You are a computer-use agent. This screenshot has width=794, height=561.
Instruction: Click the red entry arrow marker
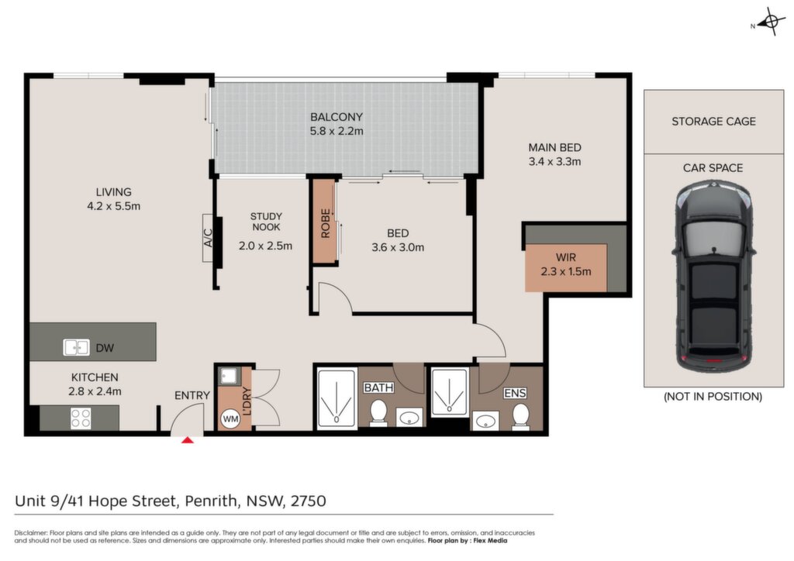(x=188, y=440)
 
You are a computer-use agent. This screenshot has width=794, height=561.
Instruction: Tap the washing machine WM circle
(x=230, y=419)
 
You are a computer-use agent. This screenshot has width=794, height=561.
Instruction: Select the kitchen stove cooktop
(x=81, y=418)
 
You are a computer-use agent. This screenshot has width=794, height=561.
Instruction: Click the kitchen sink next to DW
(x=76, y=348)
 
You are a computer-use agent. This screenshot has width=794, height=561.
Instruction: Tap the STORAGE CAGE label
(x=713, y=122)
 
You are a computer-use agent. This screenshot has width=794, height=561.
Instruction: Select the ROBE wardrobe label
(x=325, y=223)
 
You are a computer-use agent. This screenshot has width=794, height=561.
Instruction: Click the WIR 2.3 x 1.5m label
(x=565, y=264)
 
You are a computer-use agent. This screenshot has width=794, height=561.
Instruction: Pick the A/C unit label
(x=208, y=238)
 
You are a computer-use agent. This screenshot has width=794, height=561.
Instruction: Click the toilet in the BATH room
(x=378, y=412)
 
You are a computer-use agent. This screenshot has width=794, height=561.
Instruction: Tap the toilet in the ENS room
(x=520, y=416)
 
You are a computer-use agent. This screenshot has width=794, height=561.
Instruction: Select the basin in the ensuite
(x=485, y=421)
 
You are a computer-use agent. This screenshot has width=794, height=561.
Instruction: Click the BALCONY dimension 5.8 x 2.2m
(x=337, y=131)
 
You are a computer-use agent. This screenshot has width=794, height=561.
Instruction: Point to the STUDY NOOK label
(x=266, y=222)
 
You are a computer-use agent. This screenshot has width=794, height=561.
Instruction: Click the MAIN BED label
(x=554, y=148)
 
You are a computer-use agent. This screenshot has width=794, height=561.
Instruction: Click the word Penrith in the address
(x=211, y=501)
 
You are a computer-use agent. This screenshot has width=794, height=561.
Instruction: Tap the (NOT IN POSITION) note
(x=713, y=397)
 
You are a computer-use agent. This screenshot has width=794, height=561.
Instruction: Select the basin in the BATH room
(x=409, y=418)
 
